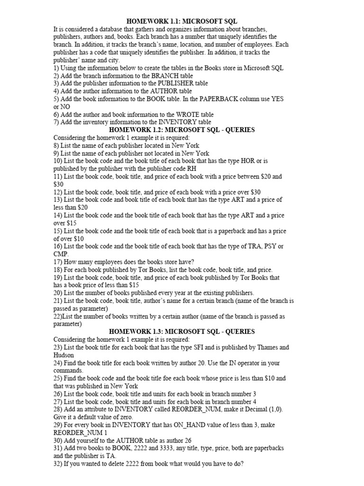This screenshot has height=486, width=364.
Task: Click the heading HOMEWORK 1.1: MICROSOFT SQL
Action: pyautogui.click(x=182, y=21)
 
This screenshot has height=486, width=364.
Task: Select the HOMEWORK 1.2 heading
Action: pyautogui.click(x=182, y=130)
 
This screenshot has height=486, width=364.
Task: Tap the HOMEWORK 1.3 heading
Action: pyautogui.click(x=182, y=331)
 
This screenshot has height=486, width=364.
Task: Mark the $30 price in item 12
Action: pyautogui.click(x=255, y=192)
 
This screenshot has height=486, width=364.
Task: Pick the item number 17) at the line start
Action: pyautogui.click(x=58, y=262)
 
